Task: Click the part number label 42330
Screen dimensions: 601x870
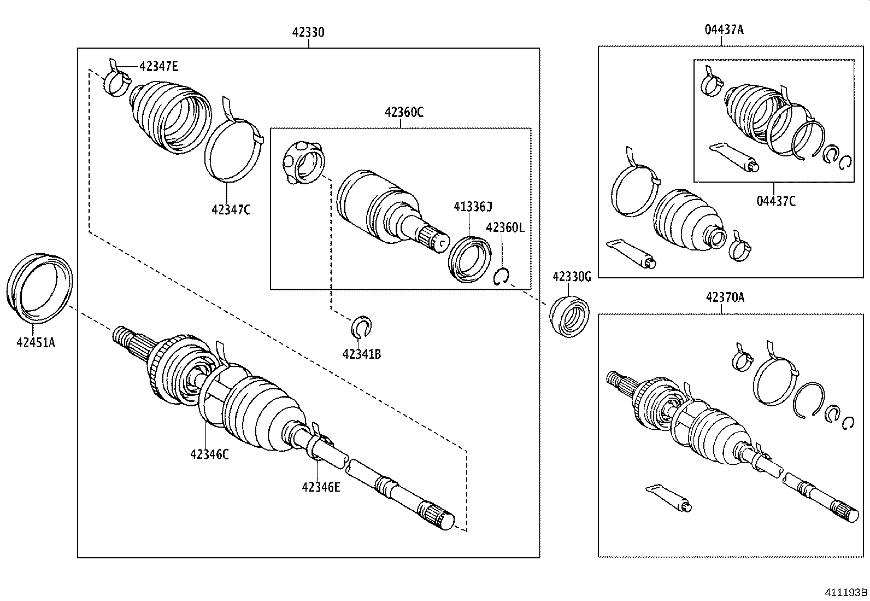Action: point(308,32)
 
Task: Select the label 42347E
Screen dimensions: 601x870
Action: point(158,67)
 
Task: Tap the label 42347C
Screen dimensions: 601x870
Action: point(231,209)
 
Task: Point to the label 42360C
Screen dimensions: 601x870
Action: point(404,113)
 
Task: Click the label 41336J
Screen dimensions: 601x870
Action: point(473,206)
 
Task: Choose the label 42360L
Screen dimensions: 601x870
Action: point(505,227)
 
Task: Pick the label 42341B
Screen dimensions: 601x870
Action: point(362,354)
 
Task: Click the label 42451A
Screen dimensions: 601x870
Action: point(36,343)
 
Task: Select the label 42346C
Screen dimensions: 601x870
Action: point(210,454)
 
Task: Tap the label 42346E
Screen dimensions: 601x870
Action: point(321,487)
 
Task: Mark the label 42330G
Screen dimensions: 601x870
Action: point(572,277)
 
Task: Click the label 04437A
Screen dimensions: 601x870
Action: point(724,30)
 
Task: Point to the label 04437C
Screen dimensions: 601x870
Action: point(776,201)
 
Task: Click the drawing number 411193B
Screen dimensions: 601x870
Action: point(846,592)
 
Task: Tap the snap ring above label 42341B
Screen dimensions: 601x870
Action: point(361,326)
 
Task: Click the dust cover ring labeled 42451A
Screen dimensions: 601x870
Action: point(39,285)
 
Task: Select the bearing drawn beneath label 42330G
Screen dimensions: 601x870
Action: point(570,315)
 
